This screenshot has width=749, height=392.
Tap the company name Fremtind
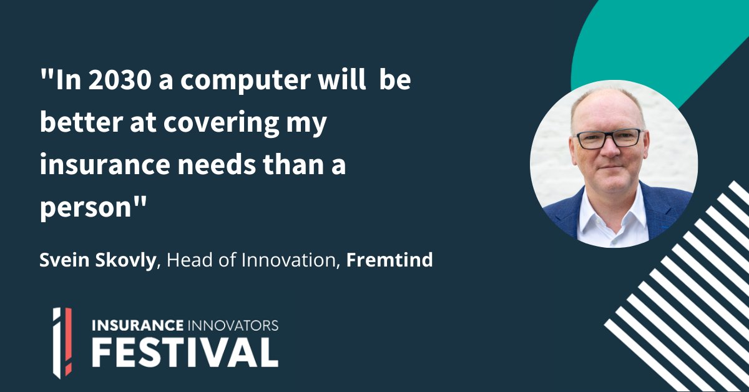click(389, 260)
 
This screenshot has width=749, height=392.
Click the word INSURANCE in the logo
click(137, 325)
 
